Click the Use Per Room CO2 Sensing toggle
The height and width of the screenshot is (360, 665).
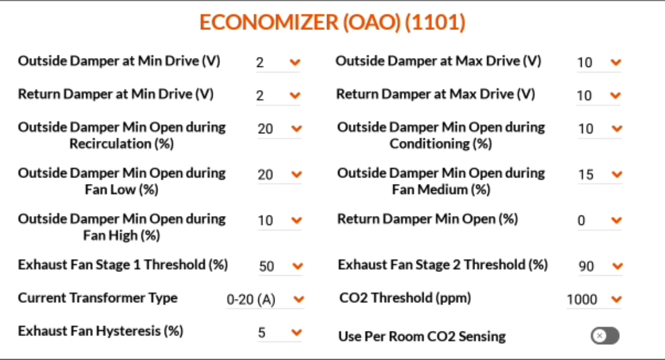pyautogui.click(x=605, y=336)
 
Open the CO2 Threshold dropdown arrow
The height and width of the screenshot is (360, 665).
pyautogui.click(x=617, y=299)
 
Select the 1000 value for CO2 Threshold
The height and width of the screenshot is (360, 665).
pyautogui.click(x=582, y=299)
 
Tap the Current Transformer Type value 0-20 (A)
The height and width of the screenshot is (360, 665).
pyautogui.click(x=251, y=299)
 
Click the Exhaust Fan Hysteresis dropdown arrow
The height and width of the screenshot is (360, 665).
pyautogui.click(x=296, y=332)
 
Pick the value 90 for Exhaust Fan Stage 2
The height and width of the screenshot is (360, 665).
pyautogui.click(x=586, y=266)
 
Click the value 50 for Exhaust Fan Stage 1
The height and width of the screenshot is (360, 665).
pyautogui.click(x=266, y=266)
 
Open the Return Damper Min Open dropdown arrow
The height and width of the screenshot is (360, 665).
pyautogui.click(x=617, y=220)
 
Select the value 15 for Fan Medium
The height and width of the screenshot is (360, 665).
pyautogui.click(x=586, y=174)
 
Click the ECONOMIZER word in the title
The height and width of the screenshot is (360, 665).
pyautogui.click(x=269, y=22)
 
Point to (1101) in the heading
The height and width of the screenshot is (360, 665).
pyautogui.click(x=435, y=22)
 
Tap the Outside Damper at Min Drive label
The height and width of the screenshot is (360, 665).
pyautogui.click(x=119, y=61)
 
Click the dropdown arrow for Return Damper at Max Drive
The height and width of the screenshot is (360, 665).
pyautogui.click(x=616, y=95)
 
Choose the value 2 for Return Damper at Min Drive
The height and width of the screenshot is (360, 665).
pyautogui.click(x=260, y=95)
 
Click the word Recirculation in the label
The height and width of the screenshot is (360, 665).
pyautogui.click(x=110, y=144)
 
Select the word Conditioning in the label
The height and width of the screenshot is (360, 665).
pyautogui.click(x=430, y=144)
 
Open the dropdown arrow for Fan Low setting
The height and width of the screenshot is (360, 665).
pyautogui.click(x=296, y=174)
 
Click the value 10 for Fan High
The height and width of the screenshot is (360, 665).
pyautogui.click(x=265, y=220)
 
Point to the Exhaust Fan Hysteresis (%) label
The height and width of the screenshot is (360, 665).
pyautogui.click(x=101, y=331)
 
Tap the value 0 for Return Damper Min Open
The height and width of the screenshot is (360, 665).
pyautogui.click(x=581, y=220)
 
